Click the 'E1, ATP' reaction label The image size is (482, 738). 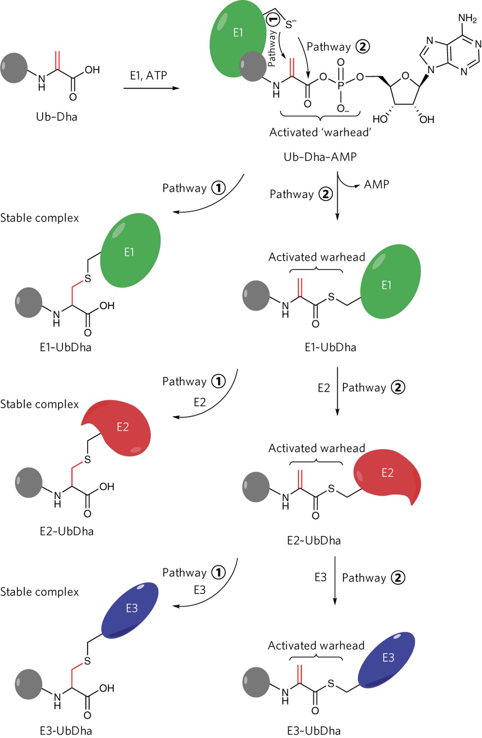point(148,75)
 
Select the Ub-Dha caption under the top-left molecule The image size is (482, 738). point(56,117)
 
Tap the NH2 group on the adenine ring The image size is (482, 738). point(467,19)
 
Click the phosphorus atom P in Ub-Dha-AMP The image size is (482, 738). point(341,85)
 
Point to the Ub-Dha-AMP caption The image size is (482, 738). point(320,157)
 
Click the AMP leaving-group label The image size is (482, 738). point(376,185)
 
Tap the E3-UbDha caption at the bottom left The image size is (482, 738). point(66,730)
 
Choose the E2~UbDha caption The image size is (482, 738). point(314,541)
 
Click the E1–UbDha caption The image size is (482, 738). point(65,347)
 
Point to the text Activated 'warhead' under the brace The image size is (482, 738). point(320,132)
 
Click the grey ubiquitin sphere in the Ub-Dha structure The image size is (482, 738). point(14,68)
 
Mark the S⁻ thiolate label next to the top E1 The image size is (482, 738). point(291,24)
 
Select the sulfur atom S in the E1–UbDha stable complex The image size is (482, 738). point(87,278)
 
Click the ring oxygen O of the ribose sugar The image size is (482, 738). point(404,76)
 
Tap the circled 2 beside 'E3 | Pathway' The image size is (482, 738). point(398,577)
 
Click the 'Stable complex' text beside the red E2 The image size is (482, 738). point(39,404)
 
